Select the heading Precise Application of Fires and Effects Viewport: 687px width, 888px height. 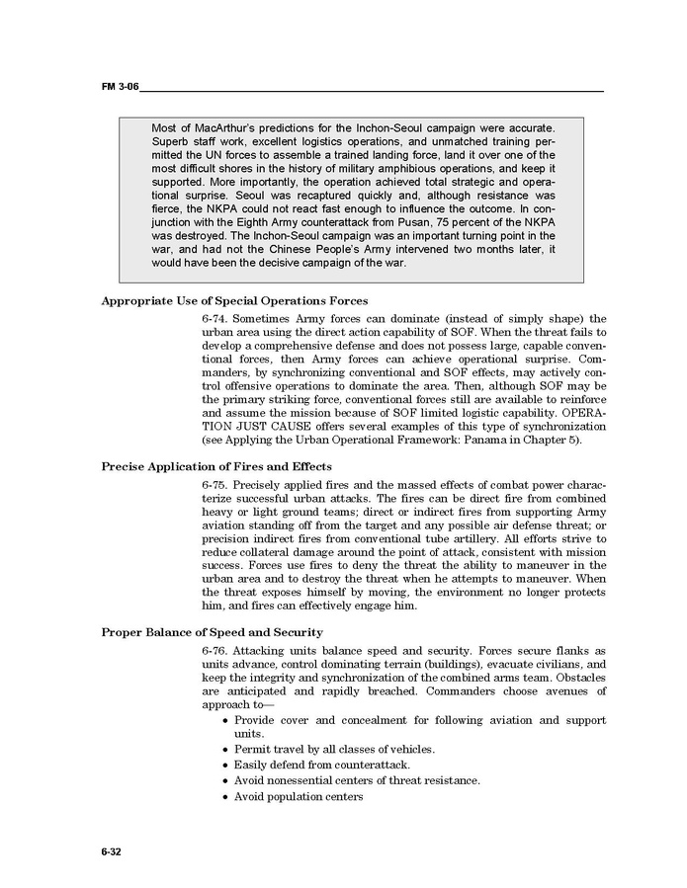pos(216,465)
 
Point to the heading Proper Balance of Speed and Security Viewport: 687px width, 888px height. pos(212,631)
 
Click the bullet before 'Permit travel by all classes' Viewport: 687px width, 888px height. pos(225,750)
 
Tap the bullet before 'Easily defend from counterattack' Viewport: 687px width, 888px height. pos(225,766)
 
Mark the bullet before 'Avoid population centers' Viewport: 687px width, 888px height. pos(225,797)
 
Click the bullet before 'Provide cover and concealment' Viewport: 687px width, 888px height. pos(225,721)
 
